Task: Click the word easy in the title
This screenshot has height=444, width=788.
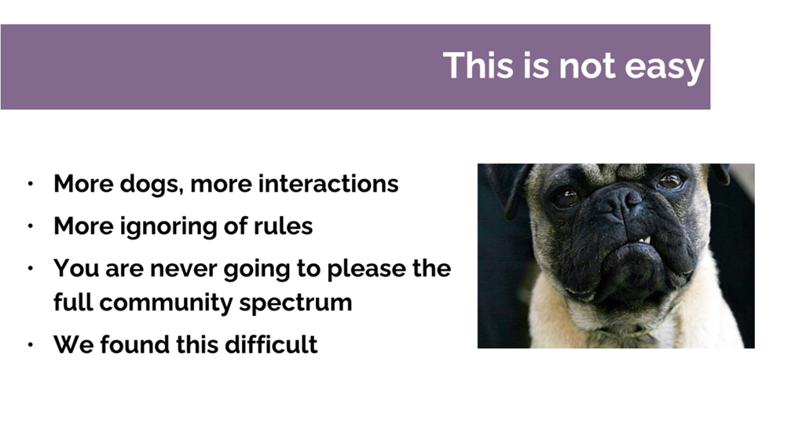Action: point(664,67)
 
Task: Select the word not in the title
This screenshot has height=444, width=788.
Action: point(587,66)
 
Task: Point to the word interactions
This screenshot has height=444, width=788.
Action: point(328,184)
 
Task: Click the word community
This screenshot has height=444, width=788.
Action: point(166,303)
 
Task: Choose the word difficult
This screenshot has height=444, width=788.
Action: point(271,345)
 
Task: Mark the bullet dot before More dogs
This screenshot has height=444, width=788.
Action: point(31,184)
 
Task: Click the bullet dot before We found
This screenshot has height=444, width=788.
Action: point(31,345)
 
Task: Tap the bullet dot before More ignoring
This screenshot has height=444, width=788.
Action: point(31,226)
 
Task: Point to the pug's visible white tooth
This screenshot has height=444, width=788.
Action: point(648,240)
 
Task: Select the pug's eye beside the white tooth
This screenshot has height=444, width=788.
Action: point(672,181)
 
